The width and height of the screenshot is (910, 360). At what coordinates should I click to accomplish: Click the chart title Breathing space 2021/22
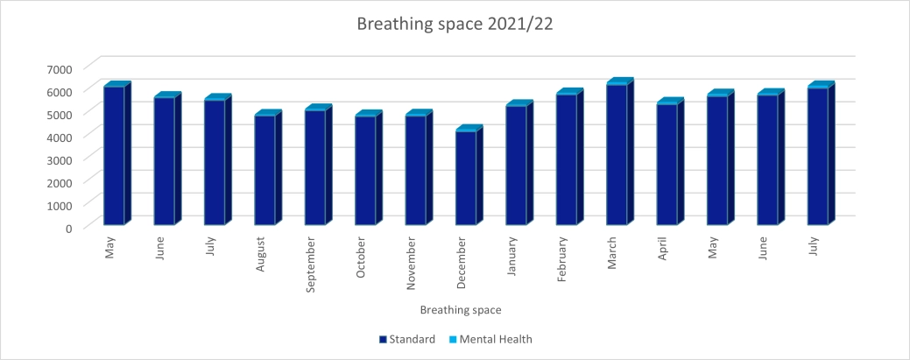point(455,25)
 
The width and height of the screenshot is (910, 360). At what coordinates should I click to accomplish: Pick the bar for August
point(265,170)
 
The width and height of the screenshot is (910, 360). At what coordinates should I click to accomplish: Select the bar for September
point(314,167)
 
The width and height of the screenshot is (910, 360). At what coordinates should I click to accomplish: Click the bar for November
point(415,170)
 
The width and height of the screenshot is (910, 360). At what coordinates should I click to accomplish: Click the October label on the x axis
point(361,258)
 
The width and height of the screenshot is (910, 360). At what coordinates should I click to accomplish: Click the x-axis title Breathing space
point(460,310)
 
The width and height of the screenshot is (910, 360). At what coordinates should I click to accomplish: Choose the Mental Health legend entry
point(490,339)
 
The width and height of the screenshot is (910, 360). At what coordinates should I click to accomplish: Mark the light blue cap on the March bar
point(619,81)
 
